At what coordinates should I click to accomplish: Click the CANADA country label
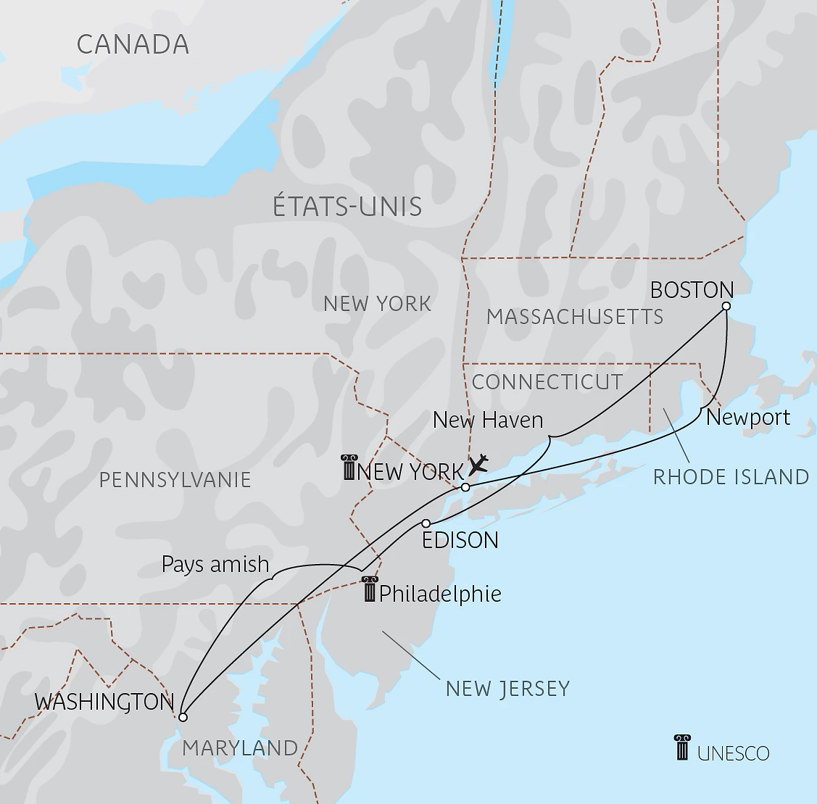(x=133, y=44)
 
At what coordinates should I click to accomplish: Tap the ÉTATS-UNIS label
(x=347, y=207)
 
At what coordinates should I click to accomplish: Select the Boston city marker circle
(x=726, y=306)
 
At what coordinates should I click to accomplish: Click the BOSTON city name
(x=692, y=290)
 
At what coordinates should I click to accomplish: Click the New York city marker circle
(x=465, y=487)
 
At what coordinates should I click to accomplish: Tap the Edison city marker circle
(x=426, y=523)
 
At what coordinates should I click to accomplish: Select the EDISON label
(x=460, y=540)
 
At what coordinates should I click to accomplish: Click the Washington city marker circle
(x=183, y=717)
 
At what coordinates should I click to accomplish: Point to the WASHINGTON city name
(x=104, y=702)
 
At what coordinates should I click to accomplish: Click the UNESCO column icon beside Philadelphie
(x=370, y=589)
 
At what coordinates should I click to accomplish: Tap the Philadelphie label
(x=440, y=594)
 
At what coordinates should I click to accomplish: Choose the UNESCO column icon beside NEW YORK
(x=349, y=468)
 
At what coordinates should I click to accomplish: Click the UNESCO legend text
(x=733, y=753)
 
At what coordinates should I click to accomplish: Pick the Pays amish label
(x=215, y=565)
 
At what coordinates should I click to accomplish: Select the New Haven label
(x=487, y=420)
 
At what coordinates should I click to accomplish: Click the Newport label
(x=748, y=418)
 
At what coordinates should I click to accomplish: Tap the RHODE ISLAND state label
(x=731, y=476)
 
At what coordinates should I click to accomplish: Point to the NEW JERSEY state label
(x=507, y=688)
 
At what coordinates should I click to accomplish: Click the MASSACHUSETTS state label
(x=575, y=317)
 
